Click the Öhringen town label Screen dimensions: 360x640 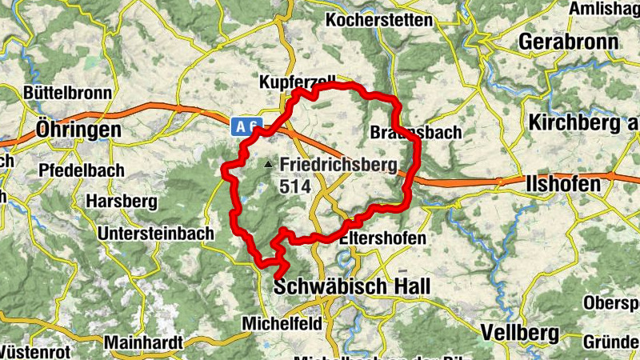[78, 129]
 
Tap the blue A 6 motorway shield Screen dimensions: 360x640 [246, 126]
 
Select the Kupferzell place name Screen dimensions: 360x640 [295, 82]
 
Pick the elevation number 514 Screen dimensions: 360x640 [294, 186]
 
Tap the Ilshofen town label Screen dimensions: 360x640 [564, 185]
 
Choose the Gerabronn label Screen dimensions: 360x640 [569, 42]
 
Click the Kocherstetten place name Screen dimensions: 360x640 [379, 20]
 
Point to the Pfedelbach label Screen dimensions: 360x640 [82, 170]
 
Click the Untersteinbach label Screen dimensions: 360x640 [155, 234]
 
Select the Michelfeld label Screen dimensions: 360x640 [281, 323]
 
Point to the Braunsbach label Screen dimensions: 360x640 [417, 133]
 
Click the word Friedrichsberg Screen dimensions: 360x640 [338, 166]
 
